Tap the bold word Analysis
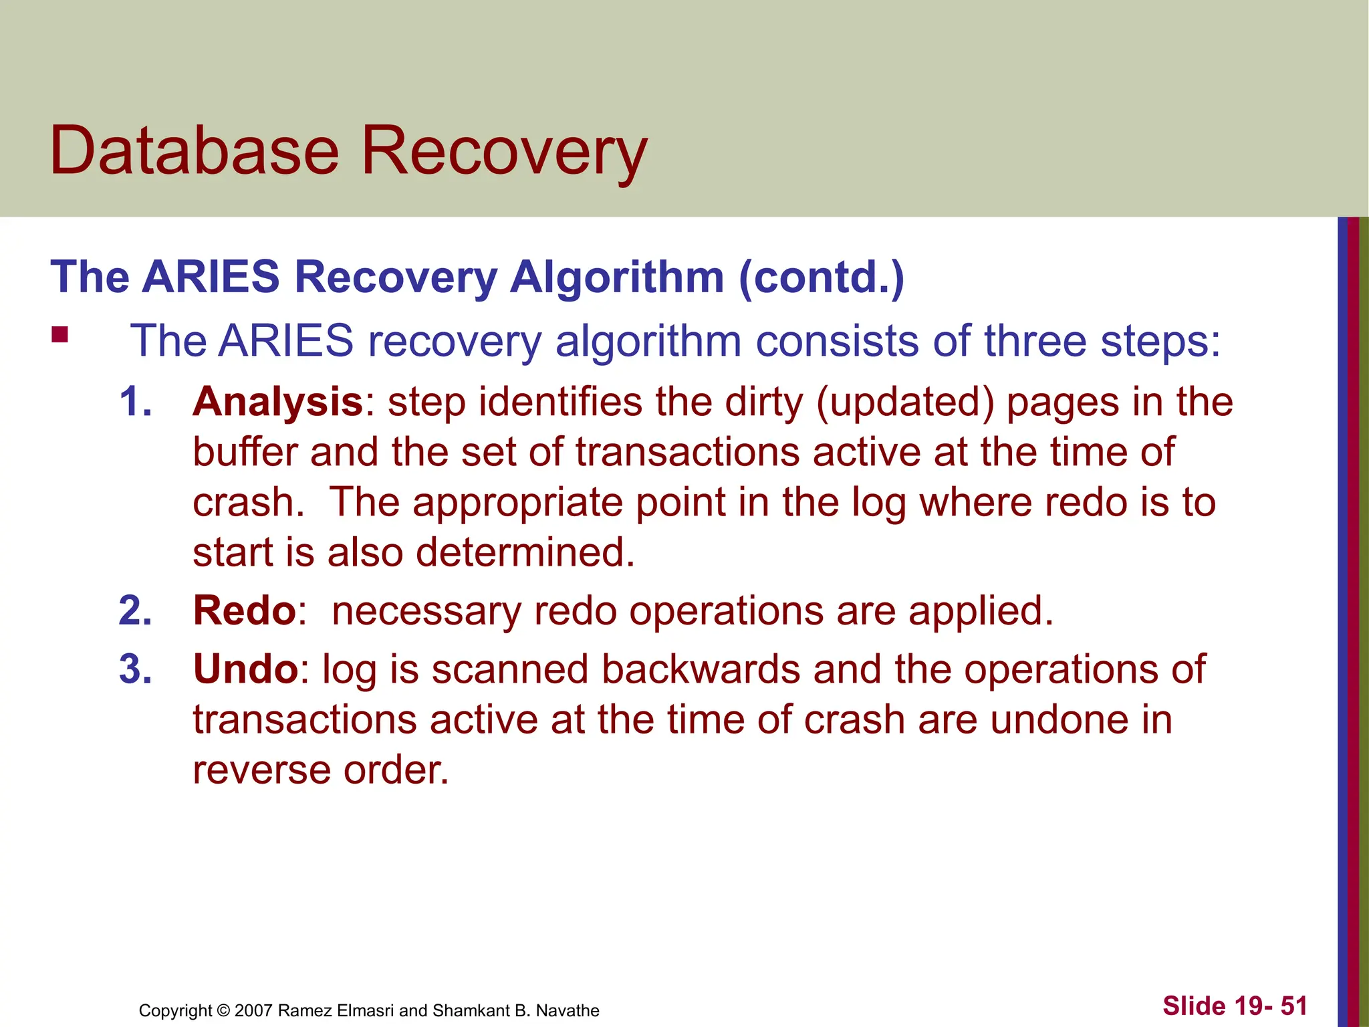[277, 402]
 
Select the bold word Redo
[244, 610]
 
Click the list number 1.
[136, 402]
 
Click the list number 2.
[136, 610]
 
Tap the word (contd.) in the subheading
[822, 277]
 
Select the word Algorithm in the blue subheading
[616, 277]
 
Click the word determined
[525, 552]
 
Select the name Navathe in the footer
[568, 1010]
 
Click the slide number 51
[1293, 1006]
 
